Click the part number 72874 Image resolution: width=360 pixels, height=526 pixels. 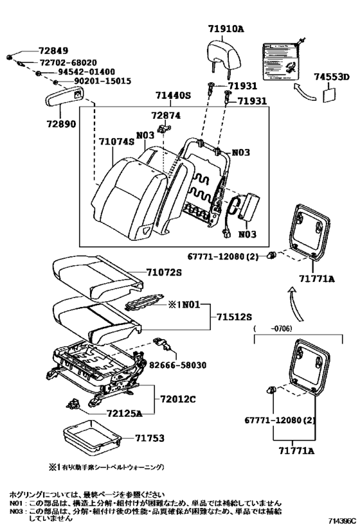tap(166, 116)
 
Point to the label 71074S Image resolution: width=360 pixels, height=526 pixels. tap(118, 140)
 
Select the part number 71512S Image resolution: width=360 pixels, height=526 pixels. tap(233, 317)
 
